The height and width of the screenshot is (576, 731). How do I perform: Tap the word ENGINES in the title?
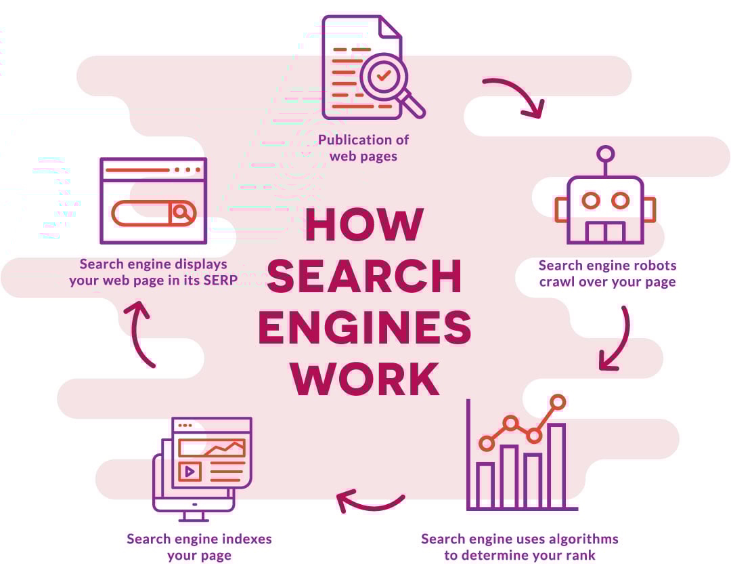(x=365, y=327)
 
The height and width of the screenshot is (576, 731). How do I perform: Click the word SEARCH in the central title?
(x=365, y=276)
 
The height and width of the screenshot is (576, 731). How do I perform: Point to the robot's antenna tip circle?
(x=606, y=154)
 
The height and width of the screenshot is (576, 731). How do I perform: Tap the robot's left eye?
(x=591, y=201)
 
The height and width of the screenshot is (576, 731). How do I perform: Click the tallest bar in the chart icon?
(x=556, y=465)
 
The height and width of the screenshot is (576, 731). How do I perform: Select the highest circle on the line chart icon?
(x=558, y=402)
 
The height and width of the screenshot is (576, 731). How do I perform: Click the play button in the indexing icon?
(x=190, y=471)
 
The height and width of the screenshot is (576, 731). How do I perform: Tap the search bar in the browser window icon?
(x=153, y=213)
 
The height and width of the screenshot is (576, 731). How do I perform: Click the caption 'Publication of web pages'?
(x=363, y=148)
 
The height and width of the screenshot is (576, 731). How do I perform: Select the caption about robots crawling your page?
(x=607, y=273)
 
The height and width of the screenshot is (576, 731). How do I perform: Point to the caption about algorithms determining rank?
(x=519, y=547)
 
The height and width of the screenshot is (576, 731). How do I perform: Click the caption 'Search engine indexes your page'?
(x=199, y=547)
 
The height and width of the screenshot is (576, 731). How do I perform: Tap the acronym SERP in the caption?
(x=220, y=279)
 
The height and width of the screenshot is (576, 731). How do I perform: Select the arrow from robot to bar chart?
(x=617, y=340)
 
